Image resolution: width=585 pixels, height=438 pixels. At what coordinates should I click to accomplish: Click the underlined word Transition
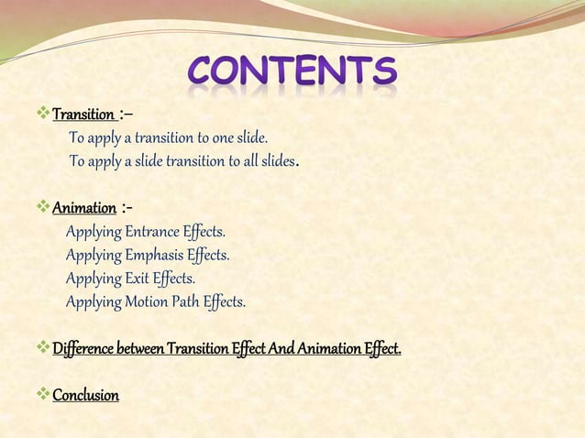(x=83, y=115)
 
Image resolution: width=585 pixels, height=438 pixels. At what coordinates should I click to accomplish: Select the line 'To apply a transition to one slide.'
(x=169, y=138)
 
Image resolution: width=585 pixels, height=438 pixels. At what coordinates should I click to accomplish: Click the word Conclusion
(x=85, y=396)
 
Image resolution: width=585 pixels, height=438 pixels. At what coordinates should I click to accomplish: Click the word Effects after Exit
(x=175, y=278)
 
